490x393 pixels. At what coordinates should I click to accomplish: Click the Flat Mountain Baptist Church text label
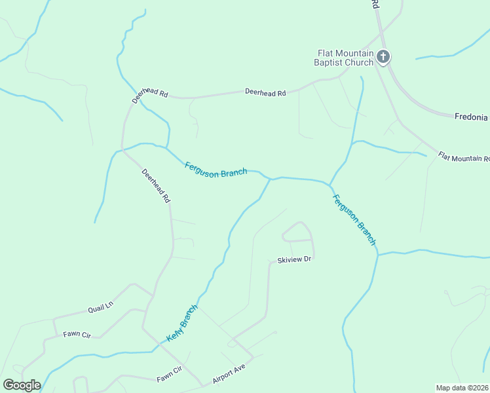coord(345,58)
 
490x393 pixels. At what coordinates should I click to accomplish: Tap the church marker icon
coord(384,58)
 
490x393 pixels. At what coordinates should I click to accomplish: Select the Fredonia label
coord(472,117)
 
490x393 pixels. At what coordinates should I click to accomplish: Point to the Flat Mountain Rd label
coord(464,157)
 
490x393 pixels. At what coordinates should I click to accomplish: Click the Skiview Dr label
coord(293,259)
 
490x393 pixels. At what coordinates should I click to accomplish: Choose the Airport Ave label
coord(228,374)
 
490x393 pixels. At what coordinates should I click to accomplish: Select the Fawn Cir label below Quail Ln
coord(77,334)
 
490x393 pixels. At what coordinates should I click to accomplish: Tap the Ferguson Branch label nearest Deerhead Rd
coord(216,168)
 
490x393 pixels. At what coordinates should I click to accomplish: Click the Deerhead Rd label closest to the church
coord(265,93)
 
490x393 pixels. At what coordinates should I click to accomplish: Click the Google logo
coord(22,385)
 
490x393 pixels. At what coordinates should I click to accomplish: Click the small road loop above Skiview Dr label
coord(298,232)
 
